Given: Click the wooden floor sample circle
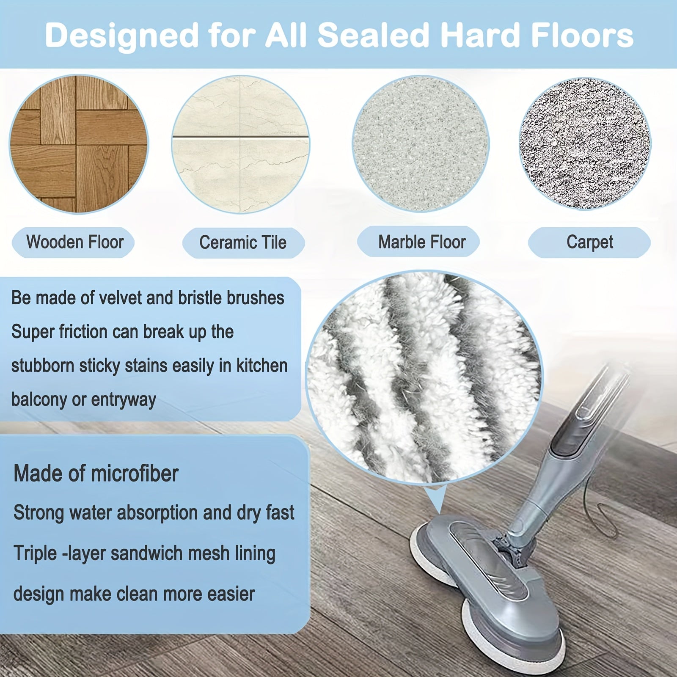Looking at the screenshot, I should (x=79, y=144).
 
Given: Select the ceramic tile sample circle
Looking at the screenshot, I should (x=240, y=144).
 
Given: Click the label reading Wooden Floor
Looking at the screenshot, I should (x=74, y=242).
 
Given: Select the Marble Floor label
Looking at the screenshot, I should (x=421, y=242).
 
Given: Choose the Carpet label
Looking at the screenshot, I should (x=589, y=242).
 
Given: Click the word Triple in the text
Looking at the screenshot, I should (x=35, y=553).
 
